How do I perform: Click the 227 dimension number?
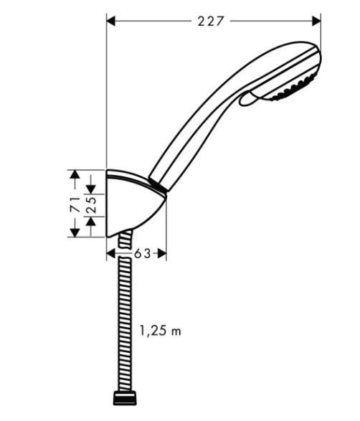pos(210,22)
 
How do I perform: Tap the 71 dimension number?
pos(75,205)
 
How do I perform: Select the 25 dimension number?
pos(91,205)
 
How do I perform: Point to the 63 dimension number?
pos(142,253)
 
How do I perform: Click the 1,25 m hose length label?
pos(161,331)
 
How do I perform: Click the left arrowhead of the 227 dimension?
pos(111,21)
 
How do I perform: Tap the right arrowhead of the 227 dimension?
pos(316,21)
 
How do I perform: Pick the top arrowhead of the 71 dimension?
pos(75,174)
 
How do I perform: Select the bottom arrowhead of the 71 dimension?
pos(75,232)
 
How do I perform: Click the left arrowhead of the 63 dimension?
pos(111,253)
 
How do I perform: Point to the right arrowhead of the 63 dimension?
pos(162,253)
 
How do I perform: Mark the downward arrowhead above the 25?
pos(91,189)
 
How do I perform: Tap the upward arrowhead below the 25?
pos(91,221)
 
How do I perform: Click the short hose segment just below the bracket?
pos(125,240)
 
